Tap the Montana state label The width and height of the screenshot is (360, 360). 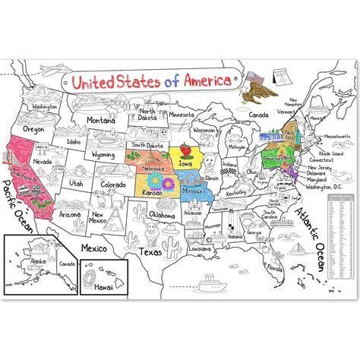coord(102,120)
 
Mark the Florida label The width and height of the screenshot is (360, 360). coord(275,268)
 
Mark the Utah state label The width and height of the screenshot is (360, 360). coord(74,183)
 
